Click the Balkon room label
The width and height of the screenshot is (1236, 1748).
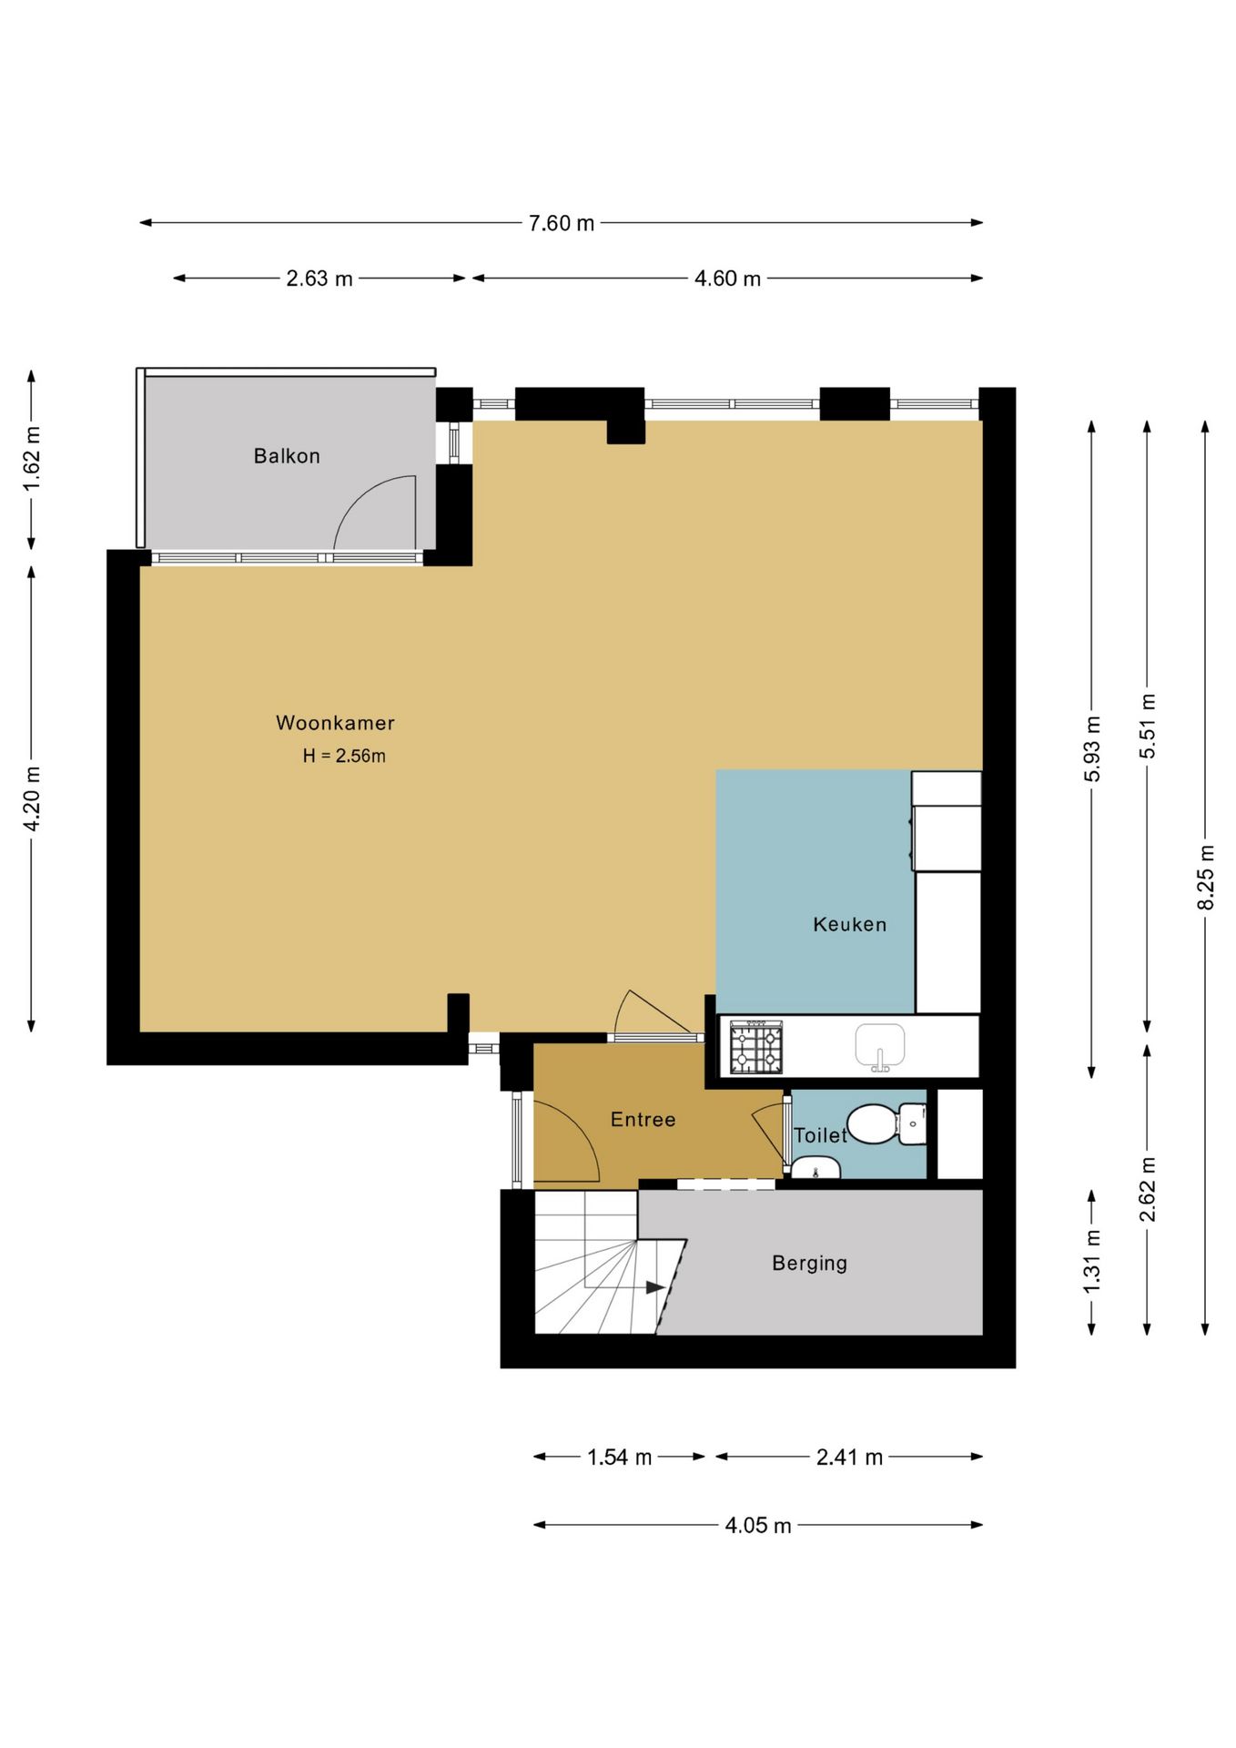tap(287, 455)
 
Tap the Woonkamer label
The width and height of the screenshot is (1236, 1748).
tap(335, 723)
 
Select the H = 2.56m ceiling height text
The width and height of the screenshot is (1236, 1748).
tap(344, 756)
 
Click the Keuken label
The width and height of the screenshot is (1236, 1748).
tap(849, 924)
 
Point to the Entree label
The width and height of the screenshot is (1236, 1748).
tap(643, 1119)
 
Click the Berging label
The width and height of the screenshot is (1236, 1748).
tap(809, 1263)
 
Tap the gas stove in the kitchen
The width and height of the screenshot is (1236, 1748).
tap(756, 1047)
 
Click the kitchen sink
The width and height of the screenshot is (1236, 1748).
tap(880, 1047)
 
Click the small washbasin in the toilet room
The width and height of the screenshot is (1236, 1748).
tap(816, 1167)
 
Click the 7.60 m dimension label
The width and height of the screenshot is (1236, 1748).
tap(562, 223)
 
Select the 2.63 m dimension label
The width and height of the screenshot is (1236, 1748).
tap(319, 279)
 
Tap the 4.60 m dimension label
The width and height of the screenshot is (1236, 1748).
tap(727, 279)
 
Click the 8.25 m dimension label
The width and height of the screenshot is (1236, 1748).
tap(1206, 877)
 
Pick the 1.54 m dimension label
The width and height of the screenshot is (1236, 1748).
tap(619, 1458)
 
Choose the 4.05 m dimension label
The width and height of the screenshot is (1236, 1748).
tap(758, 1526)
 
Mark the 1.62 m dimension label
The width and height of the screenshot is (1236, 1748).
tap(32, 458)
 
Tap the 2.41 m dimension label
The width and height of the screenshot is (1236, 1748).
tap(849, 1458)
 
